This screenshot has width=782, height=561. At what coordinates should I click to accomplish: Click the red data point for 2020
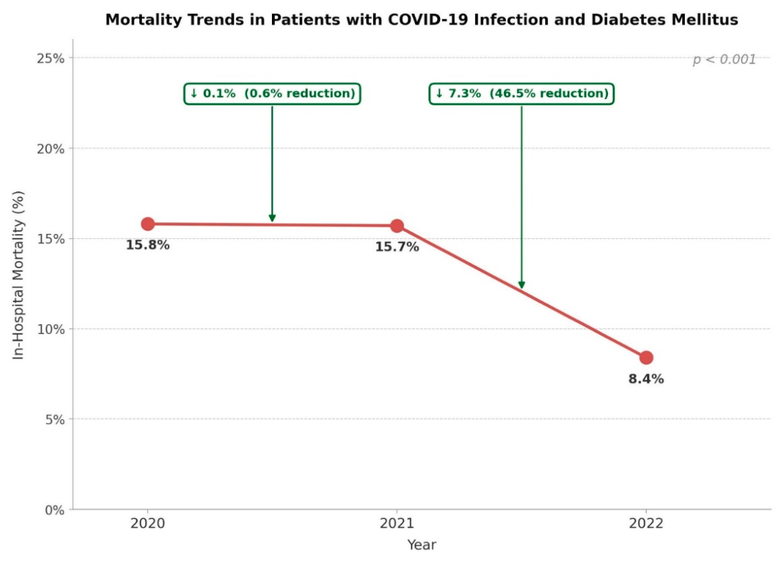click(147, 224)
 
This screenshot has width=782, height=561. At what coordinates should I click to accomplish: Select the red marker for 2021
click(397, 226)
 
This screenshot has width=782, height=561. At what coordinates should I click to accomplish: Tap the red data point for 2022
click(646, 357)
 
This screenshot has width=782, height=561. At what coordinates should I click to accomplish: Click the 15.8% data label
click(147, 245)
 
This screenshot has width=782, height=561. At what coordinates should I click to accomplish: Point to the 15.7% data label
click(397, 247)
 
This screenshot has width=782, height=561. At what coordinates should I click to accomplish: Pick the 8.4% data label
click(646, 379)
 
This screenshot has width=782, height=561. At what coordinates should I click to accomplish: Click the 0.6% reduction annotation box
click(273, 94)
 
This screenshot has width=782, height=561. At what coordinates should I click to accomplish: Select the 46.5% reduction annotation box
click(522, 94)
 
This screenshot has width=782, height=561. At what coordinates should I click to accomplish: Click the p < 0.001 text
click(724, 60)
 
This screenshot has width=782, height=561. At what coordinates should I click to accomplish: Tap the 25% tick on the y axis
click(51, 59)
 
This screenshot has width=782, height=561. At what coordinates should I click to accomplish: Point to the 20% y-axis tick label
click(51, 149)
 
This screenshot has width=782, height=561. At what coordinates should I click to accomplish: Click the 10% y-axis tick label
click(51, 329)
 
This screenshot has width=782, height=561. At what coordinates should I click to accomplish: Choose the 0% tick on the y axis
click(55, 510)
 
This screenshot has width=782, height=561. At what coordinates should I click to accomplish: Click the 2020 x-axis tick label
click(147, 523)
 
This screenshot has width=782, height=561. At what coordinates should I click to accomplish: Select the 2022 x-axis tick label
click(646, 523)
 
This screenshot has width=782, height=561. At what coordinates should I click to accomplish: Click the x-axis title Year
click(422, 544)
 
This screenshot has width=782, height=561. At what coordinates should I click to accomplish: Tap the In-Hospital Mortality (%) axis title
click(19, 275)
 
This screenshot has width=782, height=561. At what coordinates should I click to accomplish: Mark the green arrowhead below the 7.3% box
click(522, 285)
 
